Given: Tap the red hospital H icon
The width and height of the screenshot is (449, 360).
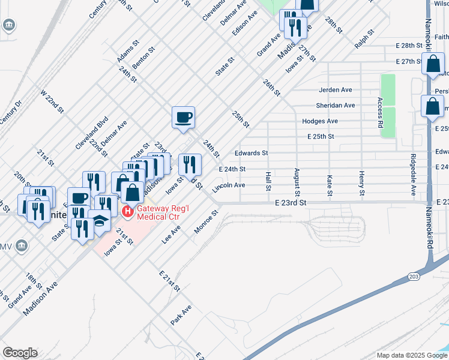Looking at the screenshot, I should [127, 212].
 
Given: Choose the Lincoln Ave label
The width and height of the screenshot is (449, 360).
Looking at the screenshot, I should [229, 185].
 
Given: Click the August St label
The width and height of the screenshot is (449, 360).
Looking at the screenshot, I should [297, 181].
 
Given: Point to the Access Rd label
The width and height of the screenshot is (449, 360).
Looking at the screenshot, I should [380, 113].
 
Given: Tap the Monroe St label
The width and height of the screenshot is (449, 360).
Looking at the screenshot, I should [205, 222].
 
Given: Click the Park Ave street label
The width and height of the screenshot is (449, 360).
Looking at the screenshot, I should [181, 314].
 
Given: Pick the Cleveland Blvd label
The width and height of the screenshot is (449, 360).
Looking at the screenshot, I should [91, 133].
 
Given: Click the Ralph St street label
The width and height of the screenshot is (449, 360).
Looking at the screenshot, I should [364, 38].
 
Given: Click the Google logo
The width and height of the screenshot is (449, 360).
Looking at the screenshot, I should [20, 353].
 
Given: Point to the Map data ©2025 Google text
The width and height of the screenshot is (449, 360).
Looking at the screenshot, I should [411, 355].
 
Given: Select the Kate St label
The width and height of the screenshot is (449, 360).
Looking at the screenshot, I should [330, 185].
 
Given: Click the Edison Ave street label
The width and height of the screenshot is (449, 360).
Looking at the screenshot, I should [249, 23].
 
